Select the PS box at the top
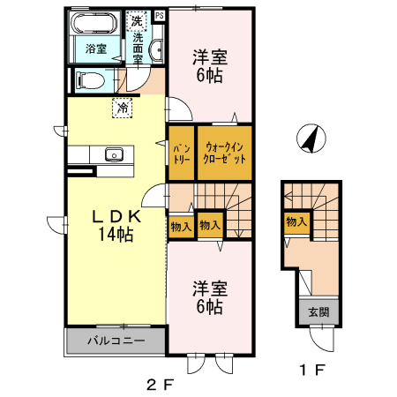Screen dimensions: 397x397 (x=160, y=15)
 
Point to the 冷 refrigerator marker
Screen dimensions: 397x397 (x=123, y=108)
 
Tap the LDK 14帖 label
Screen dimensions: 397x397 (x=115, y=225)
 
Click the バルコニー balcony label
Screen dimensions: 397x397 (x=115, y=341)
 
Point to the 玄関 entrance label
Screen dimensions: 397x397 (x=318, y=312)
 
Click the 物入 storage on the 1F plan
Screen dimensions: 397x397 (x=296, y=222)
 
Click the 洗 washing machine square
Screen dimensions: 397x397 (x=138, y=19)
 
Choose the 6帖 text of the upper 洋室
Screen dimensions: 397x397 (x=210, y=76)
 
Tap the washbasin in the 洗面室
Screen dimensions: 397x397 (x=157, y=50)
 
